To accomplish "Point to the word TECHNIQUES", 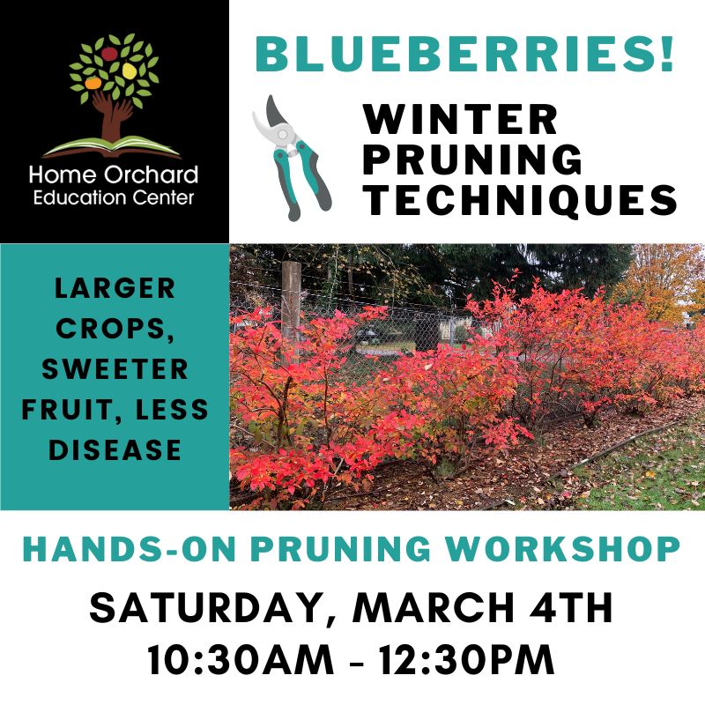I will click(x=521, y=201).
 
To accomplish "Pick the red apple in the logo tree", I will click(x=109, y=54).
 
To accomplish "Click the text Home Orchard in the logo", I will click(x=114, y=174).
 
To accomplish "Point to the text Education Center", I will click(x=114, y=197).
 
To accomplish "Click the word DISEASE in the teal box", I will click(x=115, y=450).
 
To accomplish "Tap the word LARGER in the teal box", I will click(x=115, y=288).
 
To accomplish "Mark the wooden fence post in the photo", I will click(x=291, y=300).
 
